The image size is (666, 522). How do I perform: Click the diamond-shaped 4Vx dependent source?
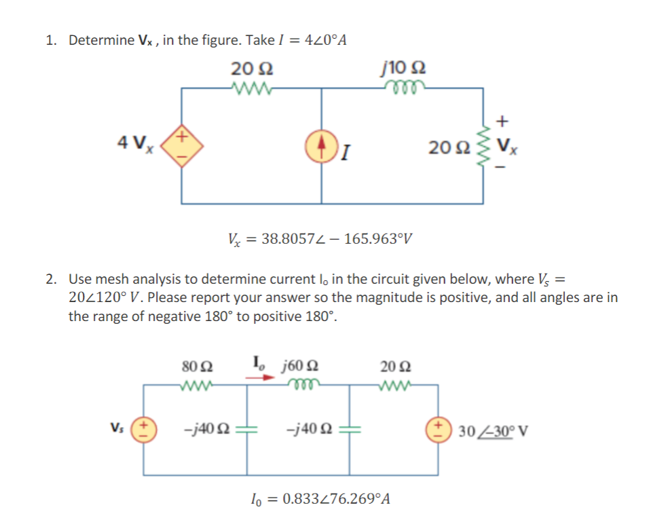tap(181, 144)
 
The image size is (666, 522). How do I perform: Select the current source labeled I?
tap(321, 144)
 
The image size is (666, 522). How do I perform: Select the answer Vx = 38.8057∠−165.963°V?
tap(319, 239)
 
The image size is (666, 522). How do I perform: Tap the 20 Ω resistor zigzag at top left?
tap(251, 87)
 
